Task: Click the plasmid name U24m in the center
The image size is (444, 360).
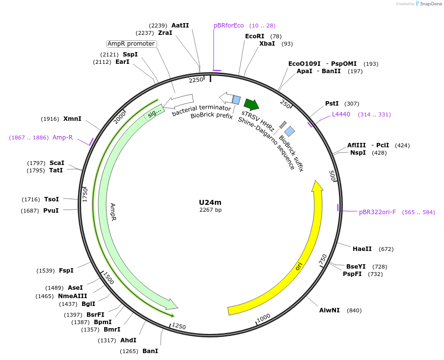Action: click(210, 202)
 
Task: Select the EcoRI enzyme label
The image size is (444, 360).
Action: click(254, 36)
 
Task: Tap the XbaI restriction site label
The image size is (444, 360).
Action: click(267, 44)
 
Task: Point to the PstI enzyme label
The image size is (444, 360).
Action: click(332, 104)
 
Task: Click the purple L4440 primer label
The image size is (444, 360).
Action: click(341, 114)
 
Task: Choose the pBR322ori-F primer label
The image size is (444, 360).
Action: click(377, 212)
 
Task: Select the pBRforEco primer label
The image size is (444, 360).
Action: click(228, 26)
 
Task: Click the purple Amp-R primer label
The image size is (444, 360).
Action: click(62, 138)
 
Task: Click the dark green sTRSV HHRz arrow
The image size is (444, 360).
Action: click(251, 104)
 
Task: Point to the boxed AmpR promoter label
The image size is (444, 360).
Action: click(131, 44)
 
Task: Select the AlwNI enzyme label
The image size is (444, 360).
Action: click(329, 310)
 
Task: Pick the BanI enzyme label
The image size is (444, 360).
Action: click(150, 351)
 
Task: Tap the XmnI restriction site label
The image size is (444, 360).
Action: click(72, 119)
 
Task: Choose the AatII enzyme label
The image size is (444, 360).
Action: click(180, 26)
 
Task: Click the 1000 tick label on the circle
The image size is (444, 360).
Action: click(264, 318)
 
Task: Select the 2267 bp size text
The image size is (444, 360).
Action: click(210, 210)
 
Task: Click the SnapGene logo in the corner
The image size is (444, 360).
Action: click(428, 4)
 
